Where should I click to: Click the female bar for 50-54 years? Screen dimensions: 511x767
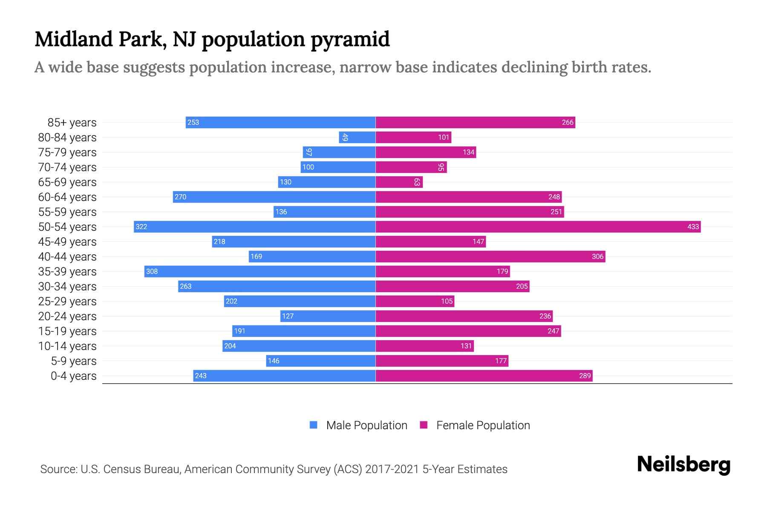point(538,227)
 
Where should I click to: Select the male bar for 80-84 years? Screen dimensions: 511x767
point(357,137)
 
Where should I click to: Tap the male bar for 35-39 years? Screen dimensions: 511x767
point(260,271)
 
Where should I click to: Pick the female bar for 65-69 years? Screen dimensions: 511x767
point(399,182)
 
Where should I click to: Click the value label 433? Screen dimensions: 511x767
point(693,227)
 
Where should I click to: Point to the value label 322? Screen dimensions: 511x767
point(141,227)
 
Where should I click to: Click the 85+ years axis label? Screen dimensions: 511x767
point(72,123)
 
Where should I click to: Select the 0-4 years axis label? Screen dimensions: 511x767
point(73,376)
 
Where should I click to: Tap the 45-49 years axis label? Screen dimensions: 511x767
point(67,242)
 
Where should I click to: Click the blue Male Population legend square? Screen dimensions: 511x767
point(314,425)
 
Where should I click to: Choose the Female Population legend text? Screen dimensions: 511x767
point(483,425)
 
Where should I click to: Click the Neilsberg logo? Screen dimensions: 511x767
point(683,465)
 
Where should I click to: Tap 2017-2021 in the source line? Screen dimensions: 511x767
point(392,469)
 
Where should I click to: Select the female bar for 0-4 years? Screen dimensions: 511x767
point(484,376)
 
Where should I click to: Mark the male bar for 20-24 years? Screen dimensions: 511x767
point(328,316)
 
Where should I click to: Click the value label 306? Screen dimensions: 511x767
point(597,256)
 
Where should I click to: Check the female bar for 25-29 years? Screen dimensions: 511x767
point(415,301)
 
